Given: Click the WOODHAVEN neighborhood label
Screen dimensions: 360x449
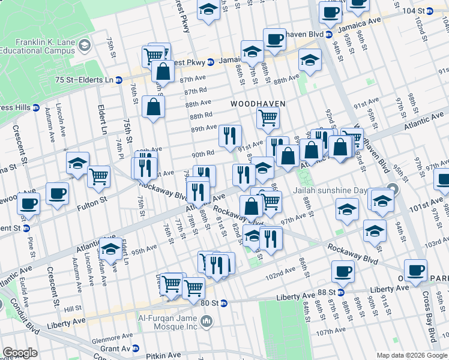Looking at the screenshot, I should pos(258,104).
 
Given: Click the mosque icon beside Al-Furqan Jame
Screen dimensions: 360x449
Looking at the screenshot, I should pos(206,322).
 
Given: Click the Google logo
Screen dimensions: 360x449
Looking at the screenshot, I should pos(20,353).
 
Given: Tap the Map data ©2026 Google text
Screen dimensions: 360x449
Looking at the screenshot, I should pos(411,355).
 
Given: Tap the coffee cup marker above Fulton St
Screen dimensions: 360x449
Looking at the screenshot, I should pos(57,193).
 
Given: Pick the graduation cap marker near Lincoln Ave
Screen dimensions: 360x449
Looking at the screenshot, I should pos(77,163).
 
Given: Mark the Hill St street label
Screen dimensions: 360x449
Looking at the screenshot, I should pos(73,308).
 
